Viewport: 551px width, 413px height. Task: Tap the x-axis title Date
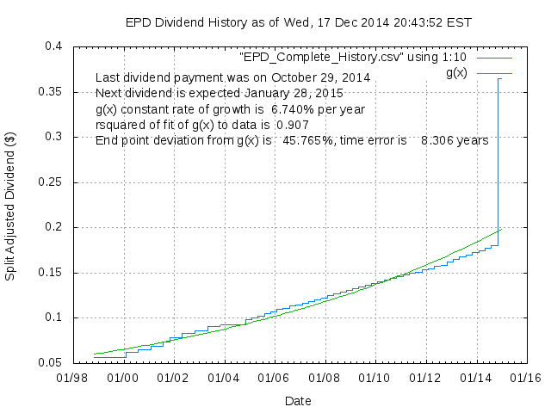[298, 400]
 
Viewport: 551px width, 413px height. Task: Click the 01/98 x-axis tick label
[74, 377]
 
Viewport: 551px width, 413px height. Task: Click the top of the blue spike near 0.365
[499, 78]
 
